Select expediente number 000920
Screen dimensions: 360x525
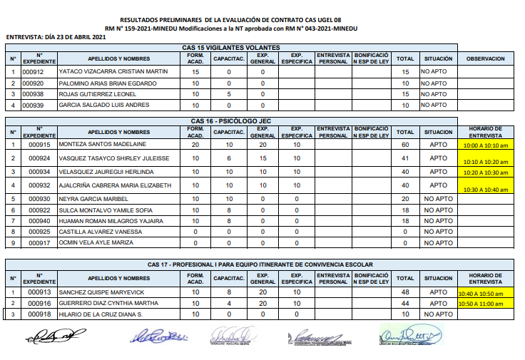pyautogui.click(x=33, y=83)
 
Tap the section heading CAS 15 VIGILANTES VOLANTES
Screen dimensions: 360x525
pyautogui.click(x=230, y=48)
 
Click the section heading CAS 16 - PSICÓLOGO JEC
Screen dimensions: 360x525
pyautogui.click(x=231, y=120)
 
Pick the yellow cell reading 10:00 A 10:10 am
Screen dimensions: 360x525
pyautogui.click(x=485, y=145)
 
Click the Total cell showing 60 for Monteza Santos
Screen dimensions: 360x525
pyautogui.click(x=405, y=145)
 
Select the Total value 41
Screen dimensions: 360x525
pyautogui.click(x=405, y=158)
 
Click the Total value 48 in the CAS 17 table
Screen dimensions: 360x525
pyautogui.click(x=405, y=292)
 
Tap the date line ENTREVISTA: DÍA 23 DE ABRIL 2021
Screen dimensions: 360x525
pyautogui.click(x=56, y=36)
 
